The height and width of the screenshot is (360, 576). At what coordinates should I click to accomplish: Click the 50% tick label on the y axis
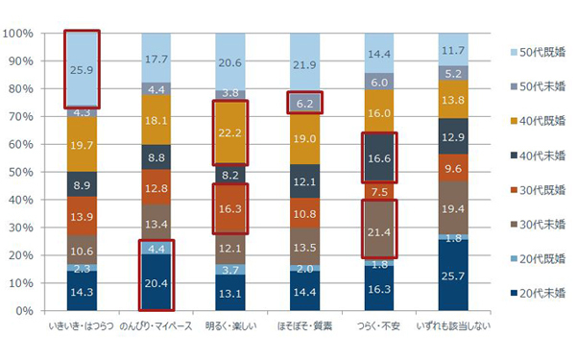21,172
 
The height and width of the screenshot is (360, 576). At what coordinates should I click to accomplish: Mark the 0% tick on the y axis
24,311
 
